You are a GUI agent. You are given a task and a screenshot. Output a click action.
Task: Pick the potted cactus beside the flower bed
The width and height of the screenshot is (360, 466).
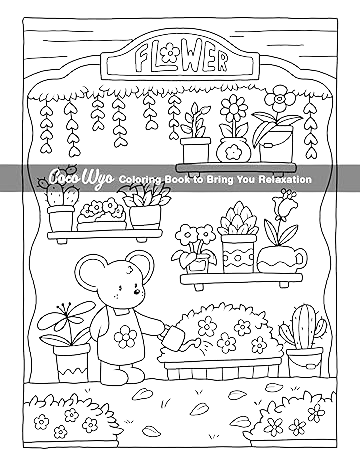(299, 330)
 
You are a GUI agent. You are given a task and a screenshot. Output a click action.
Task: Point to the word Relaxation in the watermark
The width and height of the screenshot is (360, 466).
(285, 179)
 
